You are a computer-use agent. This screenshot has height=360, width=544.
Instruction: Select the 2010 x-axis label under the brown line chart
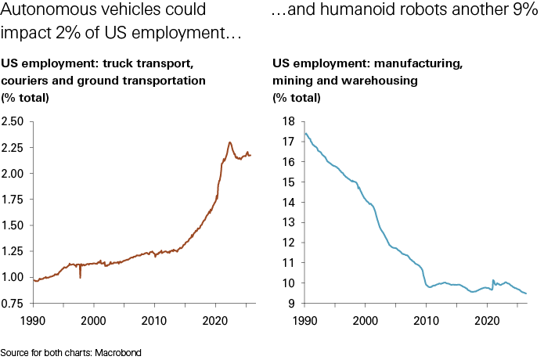(x=153, y=320)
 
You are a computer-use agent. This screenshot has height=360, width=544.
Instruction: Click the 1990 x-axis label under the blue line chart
(x=305, y=320)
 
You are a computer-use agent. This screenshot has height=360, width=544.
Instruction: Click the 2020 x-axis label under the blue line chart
(x=487, y=320)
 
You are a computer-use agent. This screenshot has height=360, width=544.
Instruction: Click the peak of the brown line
(x=229, y=142)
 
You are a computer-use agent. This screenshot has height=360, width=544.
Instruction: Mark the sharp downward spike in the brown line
(x=80, y=277)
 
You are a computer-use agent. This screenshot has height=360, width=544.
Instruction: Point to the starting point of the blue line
(x=304, y=132)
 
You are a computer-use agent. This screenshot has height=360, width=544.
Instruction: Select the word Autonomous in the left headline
(x=44, y=12)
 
